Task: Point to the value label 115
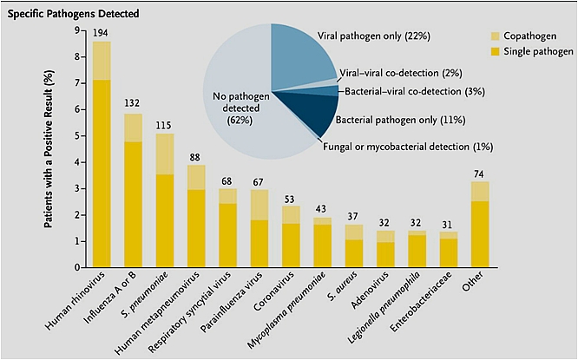[165, 125]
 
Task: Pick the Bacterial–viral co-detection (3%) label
[412, 90]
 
